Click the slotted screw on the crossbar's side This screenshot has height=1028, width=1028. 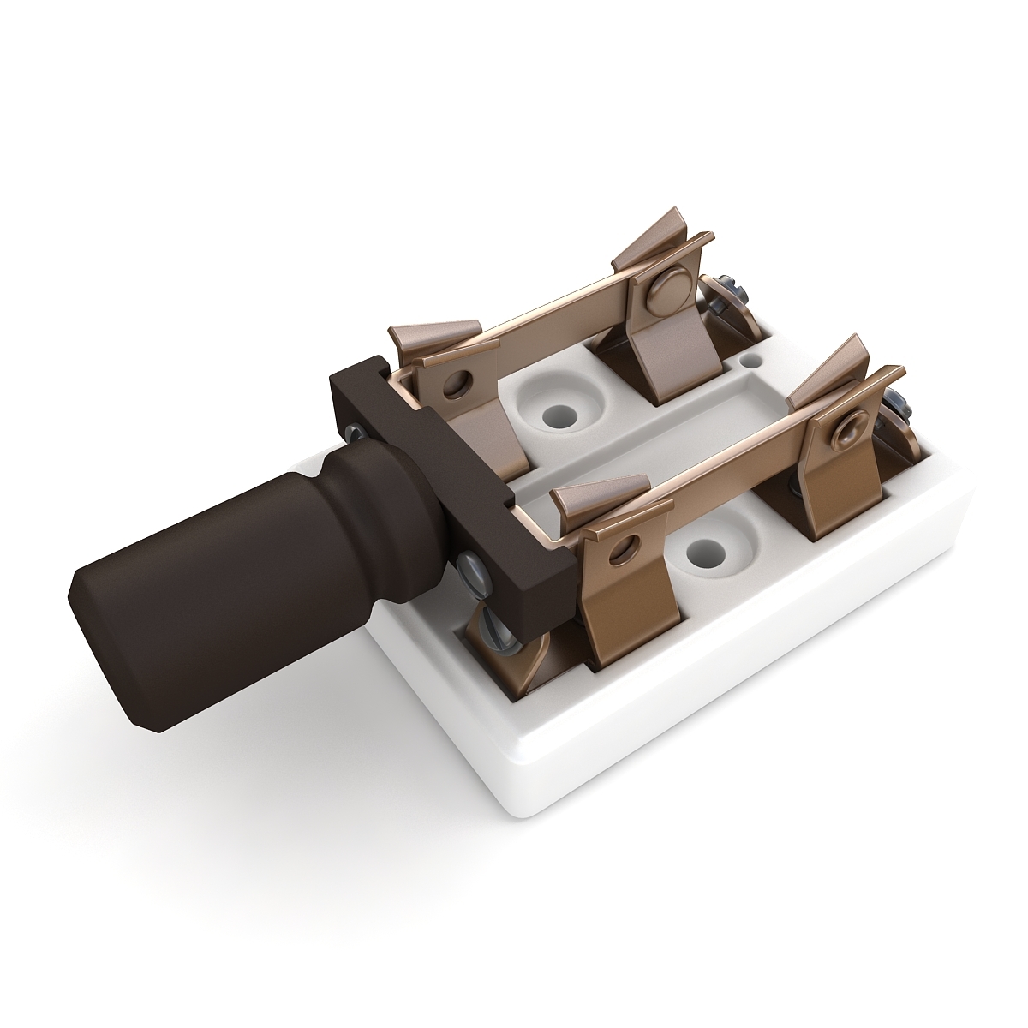[470, 566]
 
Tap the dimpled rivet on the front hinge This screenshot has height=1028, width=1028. [852, 424]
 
